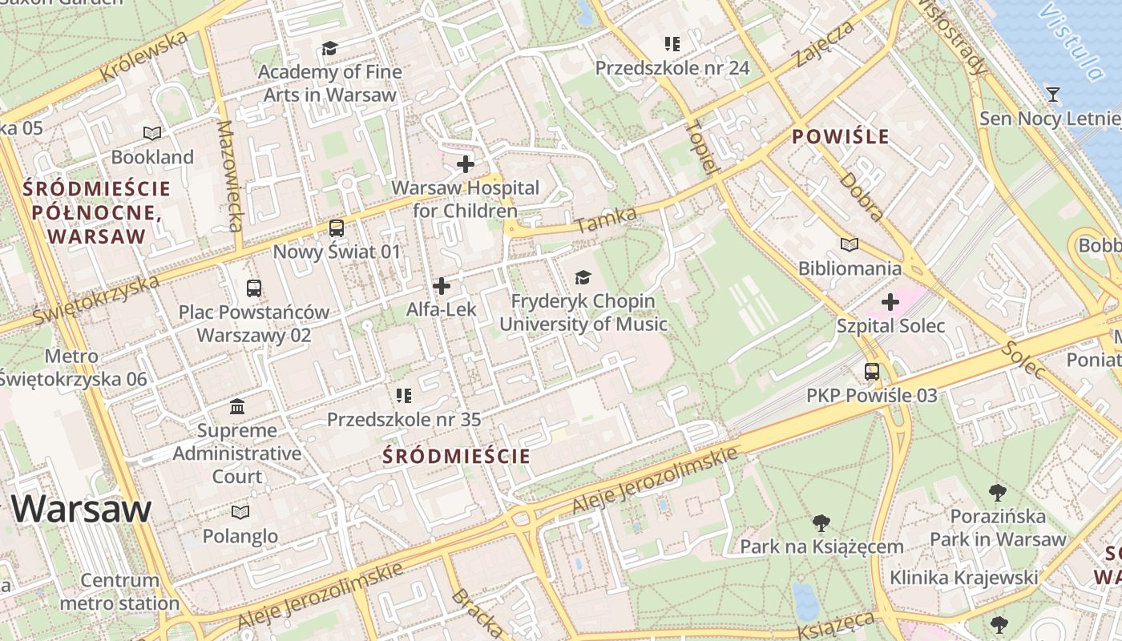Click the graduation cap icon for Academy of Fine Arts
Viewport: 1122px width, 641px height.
tap(329, 49)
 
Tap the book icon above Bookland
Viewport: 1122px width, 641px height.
tap(151, 133)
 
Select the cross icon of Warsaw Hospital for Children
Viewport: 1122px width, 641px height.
tap(466, 164)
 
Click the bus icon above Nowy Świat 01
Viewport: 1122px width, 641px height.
tap(337, 228)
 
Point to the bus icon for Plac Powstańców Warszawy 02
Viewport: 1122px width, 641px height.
tap(254, 288)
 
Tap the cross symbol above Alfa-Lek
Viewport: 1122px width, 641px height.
tap(441, 286)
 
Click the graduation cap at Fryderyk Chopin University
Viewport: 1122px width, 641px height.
tap(583, 278)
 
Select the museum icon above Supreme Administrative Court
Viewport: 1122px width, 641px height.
tap(237, 407)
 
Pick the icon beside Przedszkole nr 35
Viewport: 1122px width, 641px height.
tap(404, 395)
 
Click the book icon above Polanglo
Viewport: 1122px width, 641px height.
tap(240, 512)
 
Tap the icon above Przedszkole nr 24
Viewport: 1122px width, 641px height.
tap(672, 44)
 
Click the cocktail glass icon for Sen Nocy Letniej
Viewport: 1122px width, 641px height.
tap(1052, 95)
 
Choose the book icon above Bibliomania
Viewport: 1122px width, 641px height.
tap(849, 244)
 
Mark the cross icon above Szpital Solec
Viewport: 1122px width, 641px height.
tap(890, 302)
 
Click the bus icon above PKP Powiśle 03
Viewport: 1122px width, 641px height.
tap(871, 372)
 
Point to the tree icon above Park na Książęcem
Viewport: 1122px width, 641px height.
tap(821, 523)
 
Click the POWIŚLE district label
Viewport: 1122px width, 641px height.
tap(841, 137)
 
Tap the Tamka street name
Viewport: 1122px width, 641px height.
tap(606, 220)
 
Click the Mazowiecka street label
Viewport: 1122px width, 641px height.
tap(229, 175)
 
